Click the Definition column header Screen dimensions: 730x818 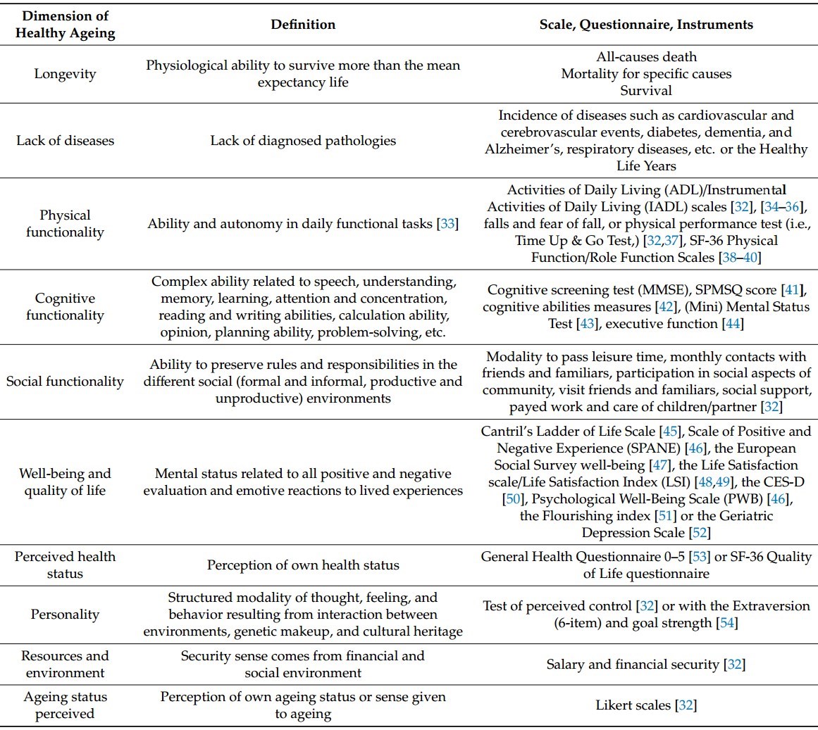pyautogui.click(x=303, y=25)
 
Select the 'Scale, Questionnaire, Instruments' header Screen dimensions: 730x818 pyautogui.click(x=646, y=25)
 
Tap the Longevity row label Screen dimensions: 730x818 pyautogui.click(x=65, y=74)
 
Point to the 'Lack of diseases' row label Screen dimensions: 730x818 pyautogui.click(x=65, y=141)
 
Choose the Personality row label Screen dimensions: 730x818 pyautogui.click(x=65, y=615)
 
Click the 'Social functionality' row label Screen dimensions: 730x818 pyautogui.click(x=65, y=382)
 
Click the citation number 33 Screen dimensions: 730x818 pyautogui.click(x=447, y=224)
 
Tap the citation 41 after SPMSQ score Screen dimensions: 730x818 pyautogui.click(x=795, y=290)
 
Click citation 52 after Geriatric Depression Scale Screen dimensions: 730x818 pyautogui.click(x=700, y=533)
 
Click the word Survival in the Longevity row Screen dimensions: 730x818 pyautogui.click(x=646, y=91)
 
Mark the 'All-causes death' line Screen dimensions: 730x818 pyautogui.click(x=646, y=57)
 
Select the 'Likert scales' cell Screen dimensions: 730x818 pyautogui.click(x=646, y=705)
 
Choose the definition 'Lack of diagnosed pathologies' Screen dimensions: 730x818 pyautogui.click(x=303, y=141)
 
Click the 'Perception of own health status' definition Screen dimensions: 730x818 pyautogui.click(x=303, y=565)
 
